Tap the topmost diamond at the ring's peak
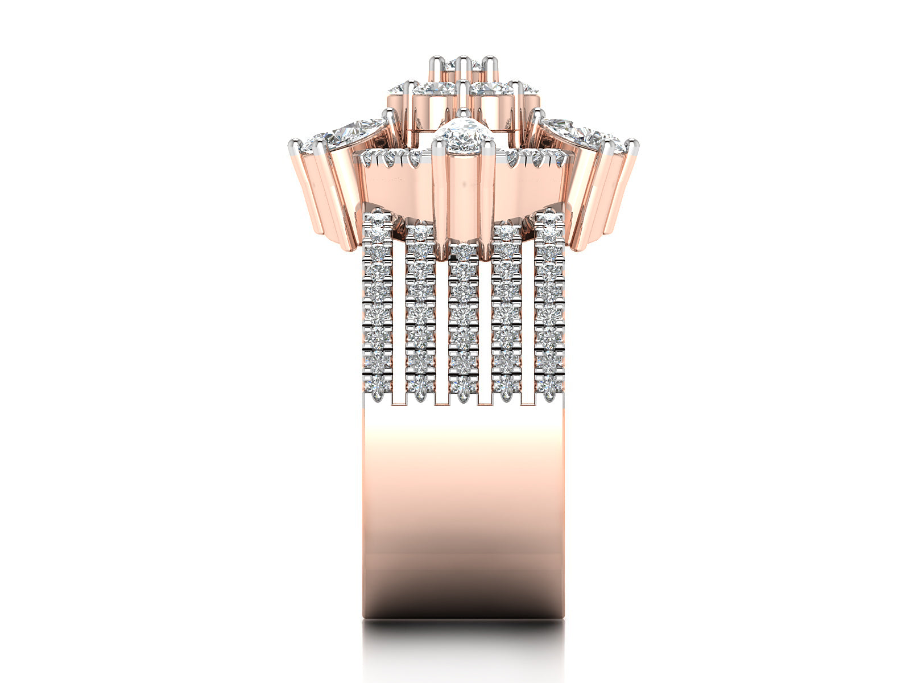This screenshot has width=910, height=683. (462, 66)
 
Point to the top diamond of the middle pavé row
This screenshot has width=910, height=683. (464, 250)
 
